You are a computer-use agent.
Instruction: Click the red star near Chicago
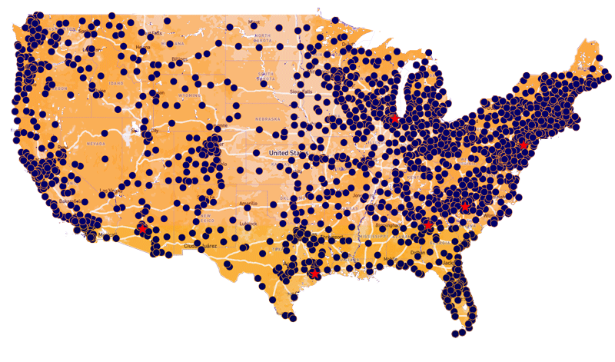394,118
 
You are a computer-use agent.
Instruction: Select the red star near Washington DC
524,144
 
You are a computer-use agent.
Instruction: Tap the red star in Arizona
141,227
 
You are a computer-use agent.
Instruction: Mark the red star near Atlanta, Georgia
427,224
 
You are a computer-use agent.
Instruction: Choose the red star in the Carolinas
464,206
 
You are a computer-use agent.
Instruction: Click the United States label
287,154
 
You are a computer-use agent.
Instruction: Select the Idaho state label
117,83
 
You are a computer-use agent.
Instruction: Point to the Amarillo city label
248,204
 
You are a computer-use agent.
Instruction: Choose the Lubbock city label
248,224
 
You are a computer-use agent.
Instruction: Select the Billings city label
180,58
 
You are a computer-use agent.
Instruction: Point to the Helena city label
141,48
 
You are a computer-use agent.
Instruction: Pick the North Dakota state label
263,40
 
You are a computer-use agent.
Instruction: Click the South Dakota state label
266,78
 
